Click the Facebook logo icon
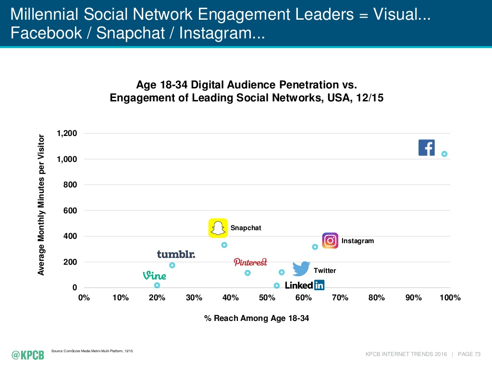(x=427, y=148)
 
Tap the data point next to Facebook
(x=444, y=154)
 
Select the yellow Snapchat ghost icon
(x=218, y=228)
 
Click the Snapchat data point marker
(x=224, y=245)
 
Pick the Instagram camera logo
(x=330, y=240)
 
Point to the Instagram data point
(x=315, y=247)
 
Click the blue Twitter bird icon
(x=301, y=269)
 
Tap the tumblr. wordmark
(x=176, y=254)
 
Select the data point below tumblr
(x=172, y=265)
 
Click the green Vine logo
(x=154, y=276)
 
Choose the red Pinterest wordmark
(x=250, y=262)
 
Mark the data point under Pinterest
(x=247, y=273)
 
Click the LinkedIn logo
(x=305, y=285)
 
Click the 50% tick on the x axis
(x=267, y=298)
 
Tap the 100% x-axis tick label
(x=450, y=298)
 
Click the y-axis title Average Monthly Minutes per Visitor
(x=41, y=205)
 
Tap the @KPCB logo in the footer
(x=28, y=355)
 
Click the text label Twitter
(x=325, y=271)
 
